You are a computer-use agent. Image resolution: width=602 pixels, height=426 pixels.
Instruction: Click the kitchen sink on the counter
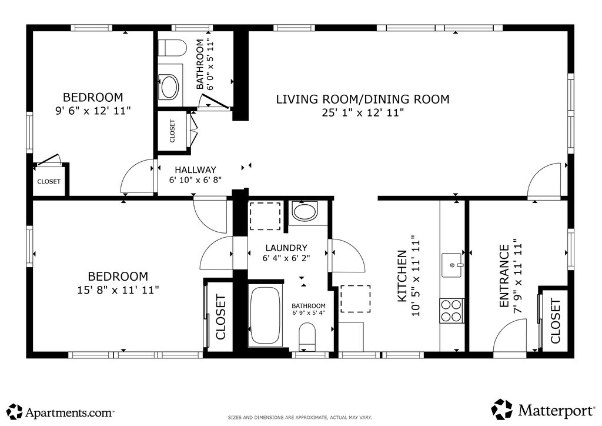pos(452,265)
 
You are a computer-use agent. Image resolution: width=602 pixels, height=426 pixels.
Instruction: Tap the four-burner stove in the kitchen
pos(451,311)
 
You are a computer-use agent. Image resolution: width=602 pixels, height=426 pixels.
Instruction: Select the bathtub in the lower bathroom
pos(265,314)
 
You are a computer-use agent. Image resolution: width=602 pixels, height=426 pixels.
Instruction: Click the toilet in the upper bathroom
pos(172,48)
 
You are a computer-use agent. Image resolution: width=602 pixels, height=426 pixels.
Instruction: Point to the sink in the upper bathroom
pos(169,87)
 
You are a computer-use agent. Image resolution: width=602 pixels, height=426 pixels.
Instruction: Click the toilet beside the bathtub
pos(307,337)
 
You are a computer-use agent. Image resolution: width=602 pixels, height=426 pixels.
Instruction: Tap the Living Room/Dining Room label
pos(363,99)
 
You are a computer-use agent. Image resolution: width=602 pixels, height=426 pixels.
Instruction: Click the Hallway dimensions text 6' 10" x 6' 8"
pos(195,179)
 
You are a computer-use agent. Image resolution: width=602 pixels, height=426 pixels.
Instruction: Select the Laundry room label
pos(286,248)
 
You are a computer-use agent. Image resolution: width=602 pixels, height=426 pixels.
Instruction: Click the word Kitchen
pos(402,276)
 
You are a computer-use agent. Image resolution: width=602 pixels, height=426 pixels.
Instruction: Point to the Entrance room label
pos(504,276)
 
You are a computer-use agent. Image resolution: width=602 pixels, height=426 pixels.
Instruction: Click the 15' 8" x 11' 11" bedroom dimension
pos(118,289)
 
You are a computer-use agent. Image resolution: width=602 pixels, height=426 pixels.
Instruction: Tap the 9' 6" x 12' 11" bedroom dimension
pos(93,111)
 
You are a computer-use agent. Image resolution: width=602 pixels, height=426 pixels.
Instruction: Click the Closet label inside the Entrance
pos(556,321)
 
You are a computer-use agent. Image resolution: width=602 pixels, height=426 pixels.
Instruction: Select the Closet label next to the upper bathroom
pos(172,131)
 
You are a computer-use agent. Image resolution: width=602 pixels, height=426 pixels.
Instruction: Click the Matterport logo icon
pos(502,410)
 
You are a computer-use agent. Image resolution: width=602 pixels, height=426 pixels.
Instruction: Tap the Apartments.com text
pos(69,412)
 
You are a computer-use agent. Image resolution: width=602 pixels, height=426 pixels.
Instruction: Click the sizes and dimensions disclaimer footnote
pos(300,417)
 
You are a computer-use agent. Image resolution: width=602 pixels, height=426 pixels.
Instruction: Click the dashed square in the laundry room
pos(265,216)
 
